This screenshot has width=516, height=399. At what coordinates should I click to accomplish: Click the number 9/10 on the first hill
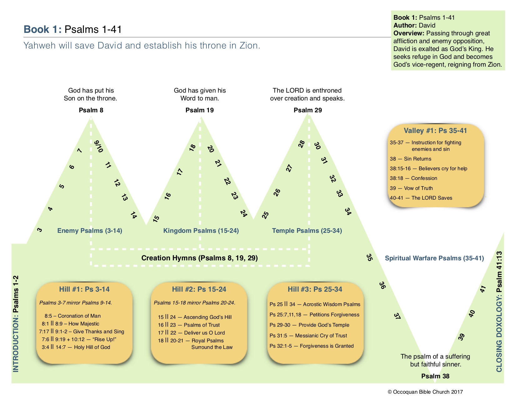[x=99, y=146]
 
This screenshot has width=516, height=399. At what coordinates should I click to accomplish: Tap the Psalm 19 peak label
[x=200, y=110]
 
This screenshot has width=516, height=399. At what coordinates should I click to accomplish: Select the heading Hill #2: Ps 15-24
[x=199, y=289]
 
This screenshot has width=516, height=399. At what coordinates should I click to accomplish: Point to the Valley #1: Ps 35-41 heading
[x=435, y=131]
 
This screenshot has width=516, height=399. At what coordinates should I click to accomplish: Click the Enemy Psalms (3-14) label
[x=90, y=231]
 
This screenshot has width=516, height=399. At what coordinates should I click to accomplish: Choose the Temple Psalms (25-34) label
[x=307, y=231]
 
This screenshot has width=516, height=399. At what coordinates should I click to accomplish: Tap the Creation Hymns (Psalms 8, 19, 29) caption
[x=200, y=258]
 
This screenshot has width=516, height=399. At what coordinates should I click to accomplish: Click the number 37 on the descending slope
[x=397, y=316]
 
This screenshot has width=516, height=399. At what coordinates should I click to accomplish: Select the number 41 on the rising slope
[x=483, y=289]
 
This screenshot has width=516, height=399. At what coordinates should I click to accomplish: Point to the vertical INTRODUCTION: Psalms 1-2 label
[x=16, y=324]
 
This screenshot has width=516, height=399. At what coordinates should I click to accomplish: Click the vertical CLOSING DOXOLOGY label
[x=499, y=312]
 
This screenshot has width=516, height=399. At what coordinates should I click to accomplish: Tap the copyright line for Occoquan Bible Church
[x=425, y=392]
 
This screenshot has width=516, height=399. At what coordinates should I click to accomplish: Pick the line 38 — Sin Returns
[x=410, y=159]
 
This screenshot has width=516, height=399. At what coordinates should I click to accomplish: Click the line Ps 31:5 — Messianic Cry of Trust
[x=308, y=335]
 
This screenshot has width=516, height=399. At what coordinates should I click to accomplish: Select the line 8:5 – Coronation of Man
[x=73, y=316]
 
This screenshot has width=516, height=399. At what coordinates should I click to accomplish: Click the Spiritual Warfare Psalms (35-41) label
[x=434, y=258]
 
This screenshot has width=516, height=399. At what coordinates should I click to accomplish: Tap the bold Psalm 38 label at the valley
[x=435, y=376]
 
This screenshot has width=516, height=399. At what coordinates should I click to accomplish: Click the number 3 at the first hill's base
[x=39, y=230]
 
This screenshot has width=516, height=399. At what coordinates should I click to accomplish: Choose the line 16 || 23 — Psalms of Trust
[x=189, y=325]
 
